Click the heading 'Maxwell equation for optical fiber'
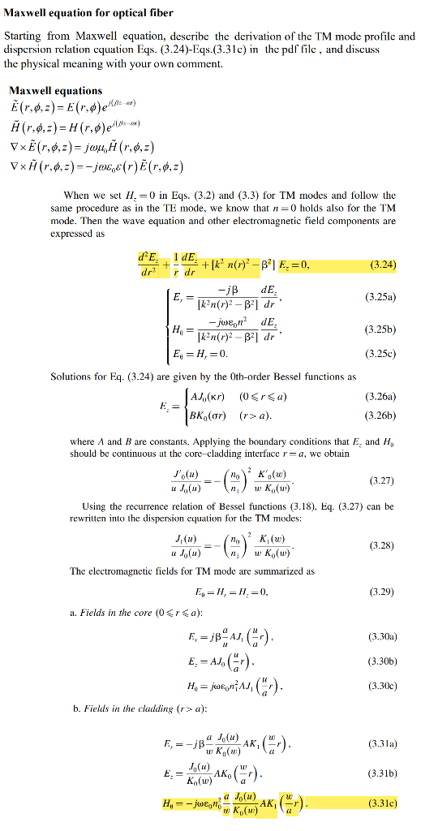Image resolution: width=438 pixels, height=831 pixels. [x=88, y=14]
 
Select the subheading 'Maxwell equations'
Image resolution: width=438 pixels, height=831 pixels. [x=55, y=91]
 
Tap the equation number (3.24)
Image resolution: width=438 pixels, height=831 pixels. [x=382, y=265]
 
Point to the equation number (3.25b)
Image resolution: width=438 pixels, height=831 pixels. [x=380, y=329]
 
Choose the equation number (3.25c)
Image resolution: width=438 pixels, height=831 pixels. [x=381, y=355]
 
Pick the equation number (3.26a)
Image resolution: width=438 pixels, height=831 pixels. [x=380, y=397]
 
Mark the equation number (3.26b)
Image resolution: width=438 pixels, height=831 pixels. [x=380, y=415]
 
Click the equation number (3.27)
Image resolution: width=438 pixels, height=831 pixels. [x=382, y=481]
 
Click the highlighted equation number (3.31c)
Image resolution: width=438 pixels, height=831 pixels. [x=380, y=804]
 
